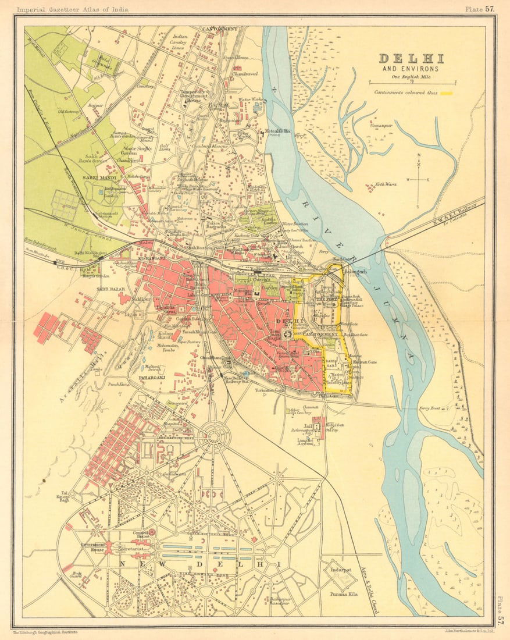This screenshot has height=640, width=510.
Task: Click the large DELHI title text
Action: (x=411, y=59)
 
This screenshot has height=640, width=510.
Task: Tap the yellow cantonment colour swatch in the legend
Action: (x=447, y=93)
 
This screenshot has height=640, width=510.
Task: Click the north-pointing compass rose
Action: (x=418, y=180)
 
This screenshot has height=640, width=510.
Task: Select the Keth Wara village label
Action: (x=386, y=184)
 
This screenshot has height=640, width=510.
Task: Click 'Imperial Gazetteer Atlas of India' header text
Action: (x=73, y=9)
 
